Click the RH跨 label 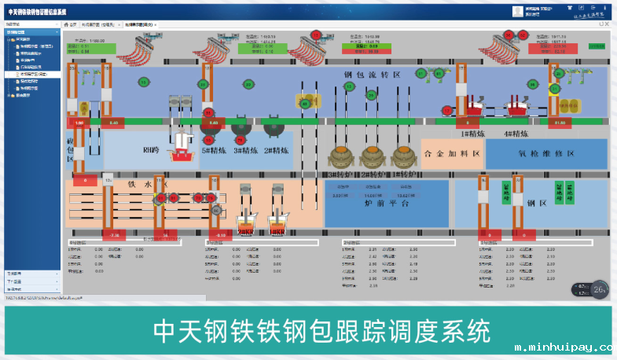pyautogui.click(x=151, y=149)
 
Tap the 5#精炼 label pyautogui.click(x=214, y=150)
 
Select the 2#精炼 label pyautogui.click(x=277, y=150)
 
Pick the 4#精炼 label pyautogui.click(x=519, y=134)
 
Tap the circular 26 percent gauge pyautogui.click(x=599, y=289)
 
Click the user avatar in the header pyautogui.click(x=517, y=11)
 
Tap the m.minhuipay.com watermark pyautogui.click(x=563, y=347)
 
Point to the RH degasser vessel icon pyautogui.click(x=183, y=144)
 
